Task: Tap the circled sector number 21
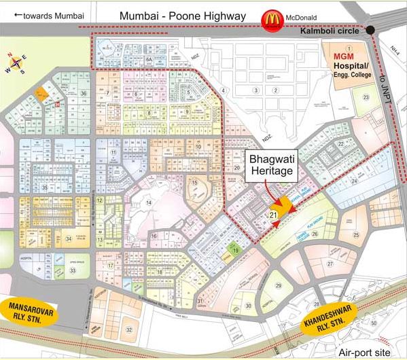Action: pyautogui.click(x=273, y=215)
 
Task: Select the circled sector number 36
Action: pyautogui.click(x=84, y=93)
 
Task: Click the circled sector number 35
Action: pyautogui.click(x=45, y=187)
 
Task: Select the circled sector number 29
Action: pyautogui.click(x=278, y=285)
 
